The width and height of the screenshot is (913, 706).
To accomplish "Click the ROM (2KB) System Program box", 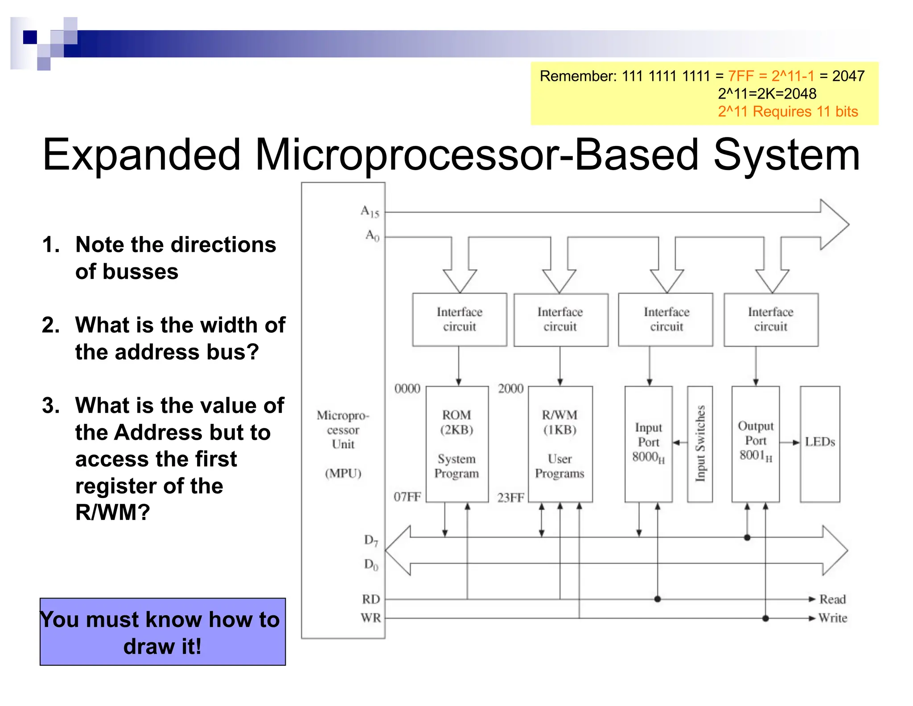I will [x=457, y=444].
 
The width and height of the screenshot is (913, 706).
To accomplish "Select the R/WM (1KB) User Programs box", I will [x=560, y=444].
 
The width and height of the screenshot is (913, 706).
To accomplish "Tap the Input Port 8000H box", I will [x=648, y=444].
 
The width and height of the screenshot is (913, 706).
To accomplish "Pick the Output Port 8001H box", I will [x=755, y=444].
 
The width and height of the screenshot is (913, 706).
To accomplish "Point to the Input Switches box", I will [x=700, y=444].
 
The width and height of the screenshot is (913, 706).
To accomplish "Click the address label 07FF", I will [x=407, y=497].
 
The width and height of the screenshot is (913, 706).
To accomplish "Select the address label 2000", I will [x=510, y=389].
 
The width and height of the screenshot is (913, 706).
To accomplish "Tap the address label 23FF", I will [x=510, y=498].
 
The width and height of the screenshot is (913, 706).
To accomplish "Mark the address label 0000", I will [x=407, y=389].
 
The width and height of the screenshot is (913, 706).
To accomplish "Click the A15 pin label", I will [x=370, y=212].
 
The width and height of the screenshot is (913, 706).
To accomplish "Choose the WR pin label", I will [x=370, y=618].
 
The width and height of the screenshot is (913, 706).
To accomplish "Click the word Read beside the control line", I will [x=832, y=599].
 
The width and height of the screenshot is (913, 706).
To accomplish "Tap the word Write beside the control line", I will [x=833, y=618].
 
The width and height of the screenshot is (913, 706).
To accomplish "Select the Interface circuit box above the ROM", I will [x=460, y=320].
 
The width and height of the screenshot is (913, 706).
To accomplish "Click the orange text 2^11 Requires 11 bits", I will [x=788, y=112].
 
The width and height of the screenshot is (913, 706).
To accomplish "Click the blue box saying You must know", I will [x=163, y=632].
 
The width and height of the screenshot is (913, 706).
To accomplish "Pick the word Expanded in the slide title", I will [x=141, y=155].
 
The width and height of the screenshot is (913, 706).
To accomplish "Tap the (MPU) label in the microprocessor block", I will [x=343, y=473].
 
